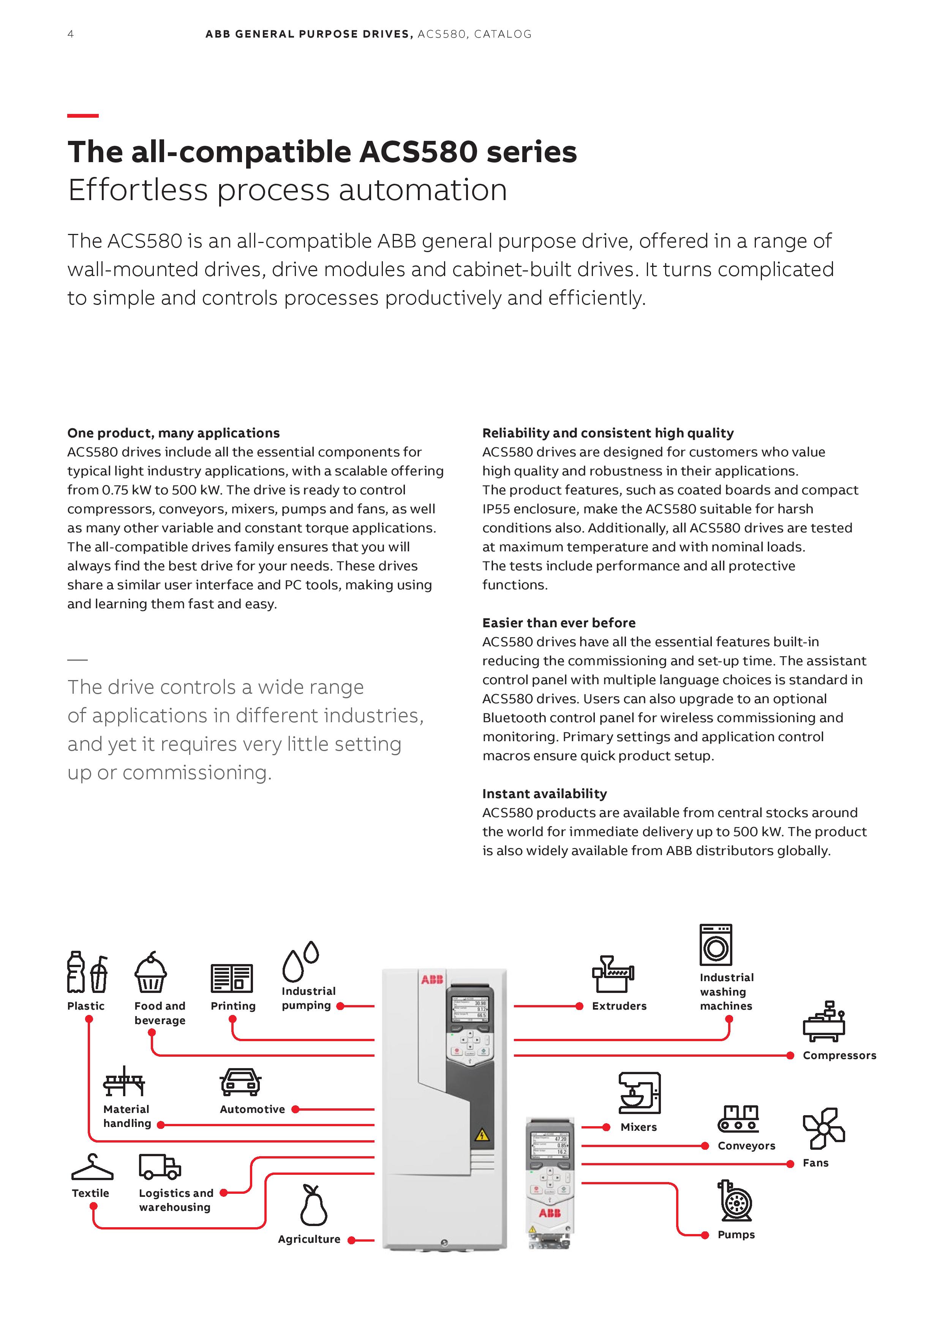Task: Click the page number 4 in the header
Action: coord(70,34)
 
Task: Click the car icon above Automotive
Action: coord(240,1082)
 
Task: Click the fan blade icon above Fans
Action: coord(823,1128)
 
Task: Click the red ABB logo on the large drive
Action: coord(432,980)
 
